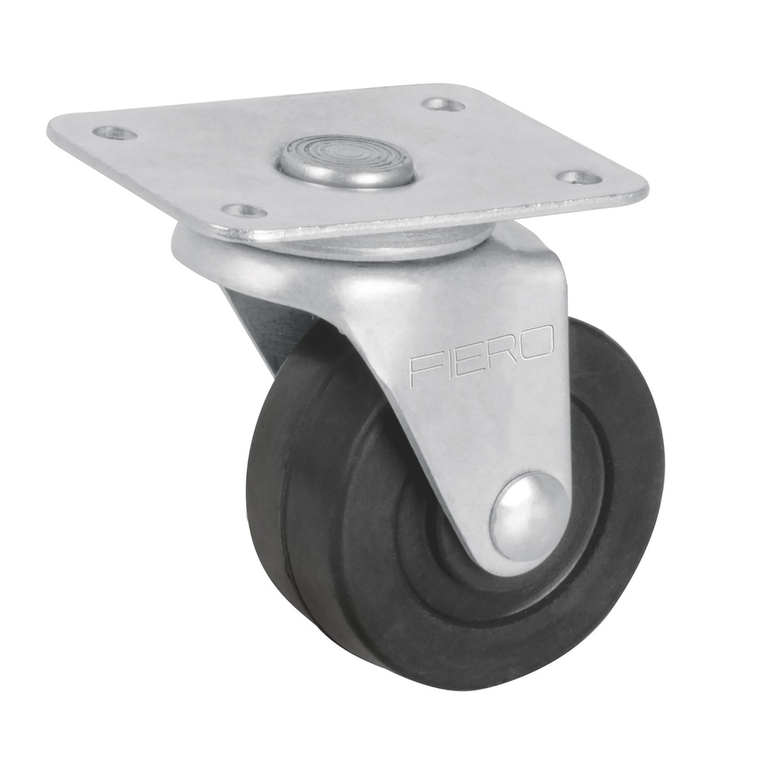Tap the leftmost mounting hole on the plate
pyautogui.click(x=115, y=133)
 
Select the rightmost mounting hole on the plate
pyautogui.click(x=579, y=177)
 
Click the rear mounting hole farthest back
pyautogui.click(x=444, y=104)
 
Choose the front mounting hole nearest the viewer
pyautogui.click(x=244, y=211)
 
